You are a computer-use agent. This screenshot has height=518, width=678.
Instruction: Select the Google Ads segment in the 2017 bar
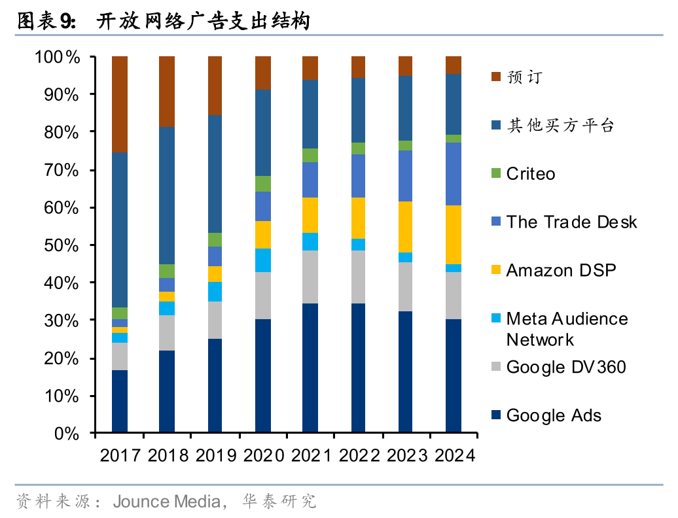120,401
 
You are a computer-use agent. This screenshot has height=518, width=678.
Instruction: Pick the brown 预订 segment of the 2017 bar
120,105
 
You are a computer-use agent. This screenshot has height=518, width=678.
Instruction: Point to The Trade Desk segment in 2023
406,176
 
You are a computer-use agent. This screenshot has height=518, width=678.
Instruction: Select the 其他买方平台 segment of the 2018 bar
168,196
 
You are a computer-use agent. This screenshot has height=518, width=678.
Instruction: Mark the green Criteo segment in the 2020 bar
263,184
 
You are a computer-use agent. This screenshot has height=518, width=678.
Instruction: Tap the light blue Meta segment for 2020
263,260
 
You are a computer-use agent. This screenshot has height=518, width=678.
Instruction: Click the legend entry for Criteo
530,174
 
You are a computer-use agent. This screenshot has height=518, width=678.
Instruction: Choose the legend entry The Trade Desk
571,222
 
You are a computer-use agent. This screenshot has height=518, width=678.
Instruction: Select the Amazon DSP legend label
561,270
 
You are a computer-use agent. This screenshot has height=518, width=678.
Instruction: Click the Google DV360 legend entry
565,367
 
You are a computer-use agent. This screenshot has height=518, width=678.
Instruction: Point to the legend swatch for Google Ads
495,415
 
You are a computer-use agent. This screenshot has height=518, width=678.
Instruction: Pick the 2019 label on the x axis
216,455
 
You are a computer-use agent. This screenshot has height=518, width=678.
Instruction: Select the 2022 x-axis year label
359,455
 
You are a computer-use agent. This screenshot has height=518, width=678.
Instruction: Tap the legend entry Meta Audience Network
567,329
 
